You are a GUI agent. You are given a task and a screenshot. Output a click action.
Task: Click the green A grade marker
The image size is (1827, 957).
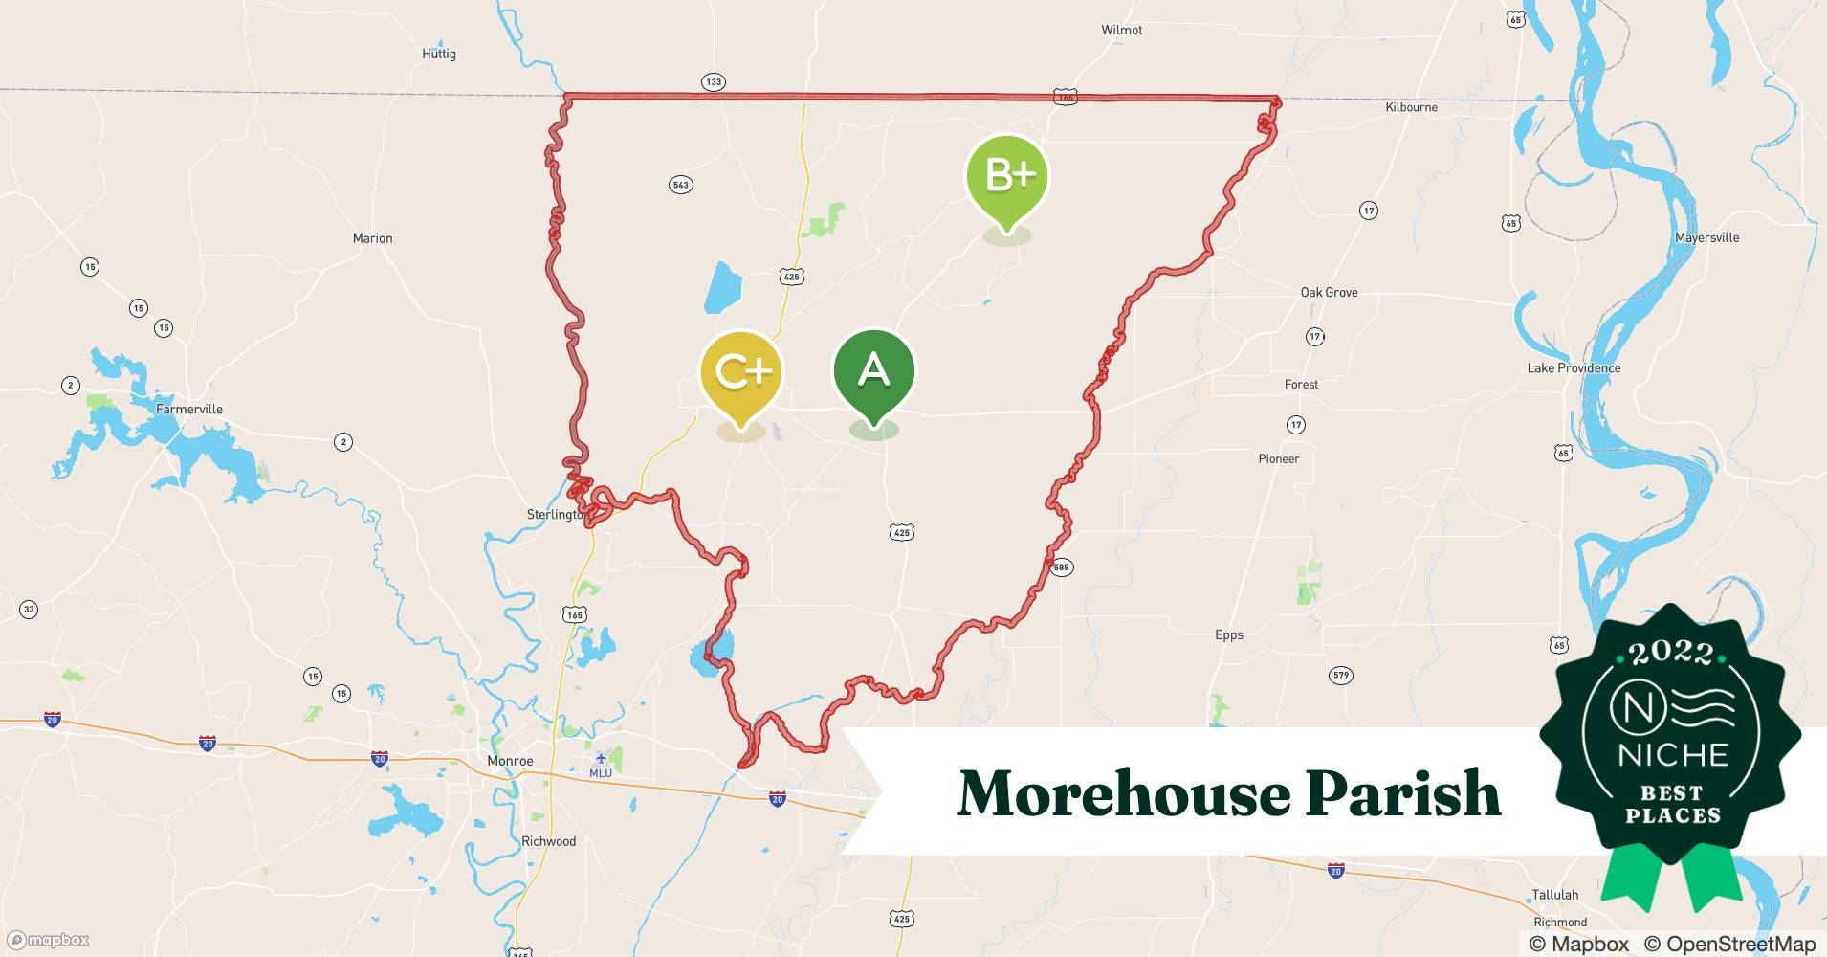[x=873, y=370]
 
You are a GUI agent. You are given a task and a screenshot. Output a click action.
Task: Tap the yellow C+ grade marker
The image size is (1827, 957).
[x=741, y=372]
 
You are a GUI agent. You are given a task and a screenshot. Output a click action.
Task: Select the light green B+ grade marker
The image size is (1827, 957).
[x=1006, y=176]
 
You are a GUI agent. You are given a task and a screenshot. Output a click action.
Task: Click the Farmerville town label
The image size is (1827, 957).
[x=189, y=409]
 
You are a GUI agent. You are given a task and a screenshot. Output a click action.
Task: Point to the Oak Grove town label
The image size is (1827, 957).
[x=1329, y=292]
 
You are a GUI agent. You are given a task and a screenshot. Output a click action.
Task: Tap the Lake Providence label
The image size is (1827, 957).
[x=1574, y=367]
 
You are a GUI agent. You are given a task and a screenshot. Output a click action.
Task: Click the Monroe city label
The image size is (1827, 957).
[x=510, y=761]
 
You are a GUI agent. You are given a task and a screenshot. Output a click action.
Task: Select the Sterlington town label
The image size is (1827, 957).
[x=556, y=514]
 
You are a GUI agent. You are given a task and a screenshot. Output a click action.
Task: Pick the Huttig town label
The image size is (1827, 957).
[x=439, y=54]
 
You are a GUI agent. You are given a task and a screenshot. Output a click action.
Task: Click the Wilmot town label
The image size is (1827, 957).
[x=1121, y=30]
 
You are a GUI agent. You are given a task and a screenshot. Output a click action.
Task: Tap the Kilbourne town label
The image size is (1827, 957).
[x=1411, y=107]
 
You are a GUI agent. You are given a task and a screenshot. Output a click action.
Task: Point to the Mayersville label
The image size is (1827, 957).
[x=1706, y=237]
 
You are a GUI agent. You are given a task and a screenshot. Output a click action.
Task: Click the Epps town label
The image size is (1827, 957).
[x=1229, y=634]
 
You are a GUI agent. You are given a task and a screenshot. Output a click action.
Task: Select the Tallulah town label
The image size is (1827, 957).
[x=1554, y=895]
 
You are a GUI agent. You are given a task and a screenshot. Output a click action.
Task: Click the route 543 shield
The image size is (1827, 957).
[x=680, y=185]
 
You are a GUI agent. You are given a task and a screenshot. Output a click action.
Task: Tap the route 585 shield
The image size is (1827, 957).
[x=1061, y=568]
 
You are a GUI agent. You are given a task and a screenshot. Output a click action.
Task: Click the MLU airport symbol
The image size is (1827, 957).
[x=601, y=759]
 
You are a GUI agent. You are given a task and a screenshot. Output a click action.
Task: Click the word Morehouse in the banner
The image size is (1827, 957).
[x=1124, y=793]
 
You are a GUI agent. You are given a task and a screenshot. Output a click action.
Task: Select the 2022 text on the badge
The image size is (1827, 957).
[x=1671, y=653]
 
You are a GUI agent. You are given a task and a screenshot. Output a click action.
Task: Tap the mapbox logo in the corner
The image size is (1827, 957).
[x=48, y=940]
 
